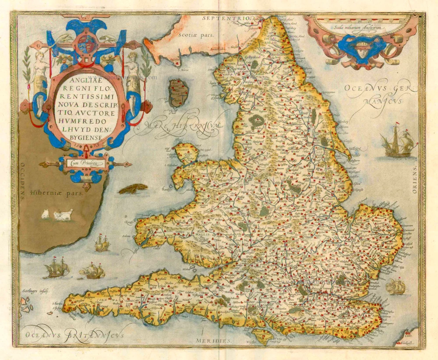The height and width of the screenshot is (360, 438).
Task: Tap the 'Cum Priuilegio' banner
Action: pyautogui.click(x=85, y=164)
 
